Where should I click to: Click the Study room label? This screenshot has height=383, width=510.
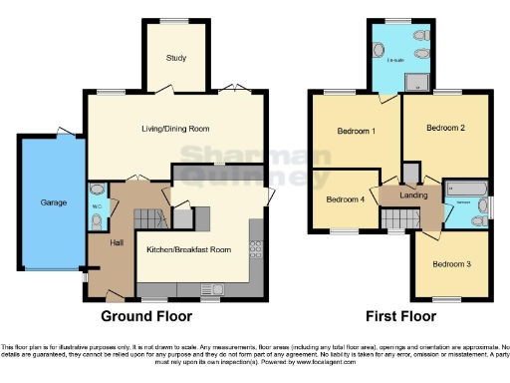click(175, 57)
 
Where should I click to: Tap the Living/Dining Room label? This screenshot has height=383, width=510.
click(177, 129)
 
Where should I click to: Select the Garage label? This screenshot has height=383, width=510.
click(53, 202)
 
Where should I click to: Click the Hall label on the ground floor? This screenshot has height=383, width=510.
click(102, 241)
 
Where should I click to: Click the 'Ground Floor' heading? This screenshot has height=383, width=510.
click(152, 317)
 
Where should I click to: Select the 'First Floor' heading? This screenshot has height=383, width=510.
click(400, 317)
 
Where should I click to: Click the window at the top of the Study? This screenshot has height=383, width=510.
click(175, 22)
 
